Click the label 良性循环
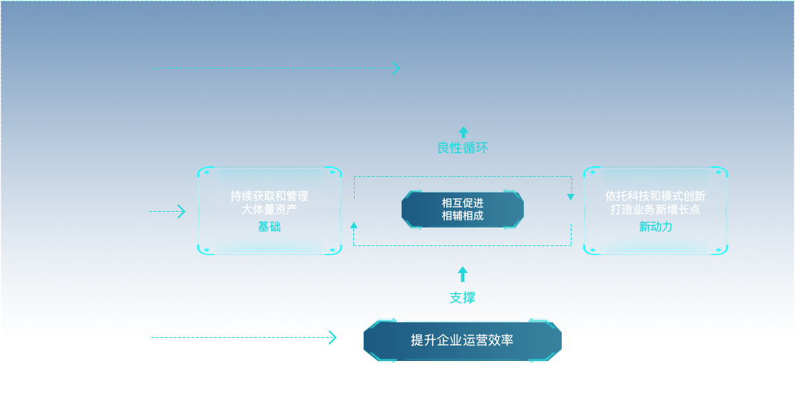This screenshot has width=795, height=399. click(x=463, y=148)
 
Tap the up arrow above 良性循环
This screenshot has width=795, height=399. click(x=463, y=132)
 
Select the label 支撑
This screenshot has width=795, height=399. click(x=462, y=298)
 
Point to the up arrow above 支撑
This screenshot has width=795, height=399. click(x=463, y=274)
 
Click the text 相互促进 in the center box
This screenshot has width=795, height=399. click(x=462, y=202)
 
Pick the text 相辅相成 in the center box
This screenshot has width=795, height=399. click(x=462, y=216)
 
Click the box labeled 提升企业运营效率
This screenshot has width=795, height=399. click(x=462, y=341)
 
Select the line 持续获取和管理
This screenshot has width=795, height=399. click(x=269, y=196)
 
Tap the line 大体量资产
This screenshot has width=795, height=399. click(x=269, y=210)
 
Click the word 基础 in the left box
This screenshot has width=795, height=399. click(x=269, y=225)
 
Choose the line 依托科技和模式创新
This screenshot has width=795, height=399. click(x=655, y=196)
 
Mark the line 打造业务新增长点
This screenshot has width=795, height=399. click(x=655, y=210)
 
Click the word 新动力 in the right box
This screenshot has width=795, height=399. click(x=655, y=226)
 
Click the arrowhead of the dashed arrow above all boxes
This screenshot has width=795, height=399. click(x=396, y=69)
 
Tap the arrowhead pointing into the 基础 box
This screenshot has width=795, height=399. click(x=182, y=212)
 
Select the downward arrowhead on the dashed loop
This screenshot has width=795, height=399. click(x=571, y=197)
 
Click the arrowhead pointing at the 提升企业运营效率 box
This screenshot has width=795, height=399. click(x=332, y=339)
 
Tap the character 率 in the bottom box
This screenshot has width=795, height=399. click(x=507, y=341)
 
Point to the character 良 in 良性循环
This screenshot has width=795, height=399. click(x=443, y=148)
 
